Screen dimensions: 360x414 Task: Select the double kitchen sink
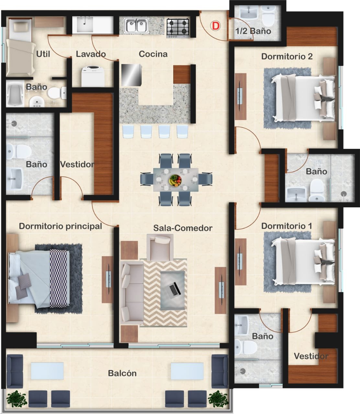coord(136,26)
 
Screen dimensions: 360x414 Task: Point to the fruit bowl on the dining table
coord(175,180)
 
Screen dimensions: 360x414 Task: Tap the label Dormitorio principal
coord(60,226)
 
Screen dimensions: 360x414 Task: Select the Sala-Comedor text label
coord(183,228)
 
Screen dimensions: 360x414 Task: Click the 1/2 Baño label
coord(253,31)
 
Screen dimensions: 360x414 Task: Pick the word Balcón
coord(122,373)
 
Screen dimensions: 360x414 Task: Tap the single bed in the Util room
coord(20,47)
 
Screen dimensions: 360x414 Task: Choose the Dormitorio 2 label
coord(287,57)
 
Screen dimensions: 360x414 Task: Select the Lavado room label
coord(91,54)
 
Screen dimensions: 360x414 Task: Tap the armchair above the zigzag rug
coord(160,247)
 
